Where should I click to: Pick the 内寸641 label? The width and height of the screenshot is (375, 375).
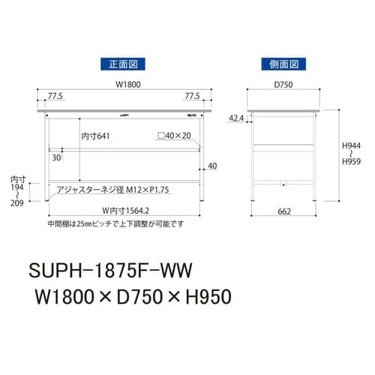coord(95,137)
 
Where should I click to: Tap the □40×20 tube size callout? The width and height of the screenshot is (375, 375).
coord(175,137)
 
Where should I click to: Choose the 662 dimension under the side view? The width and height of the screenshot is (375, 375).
coord(283,213)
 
